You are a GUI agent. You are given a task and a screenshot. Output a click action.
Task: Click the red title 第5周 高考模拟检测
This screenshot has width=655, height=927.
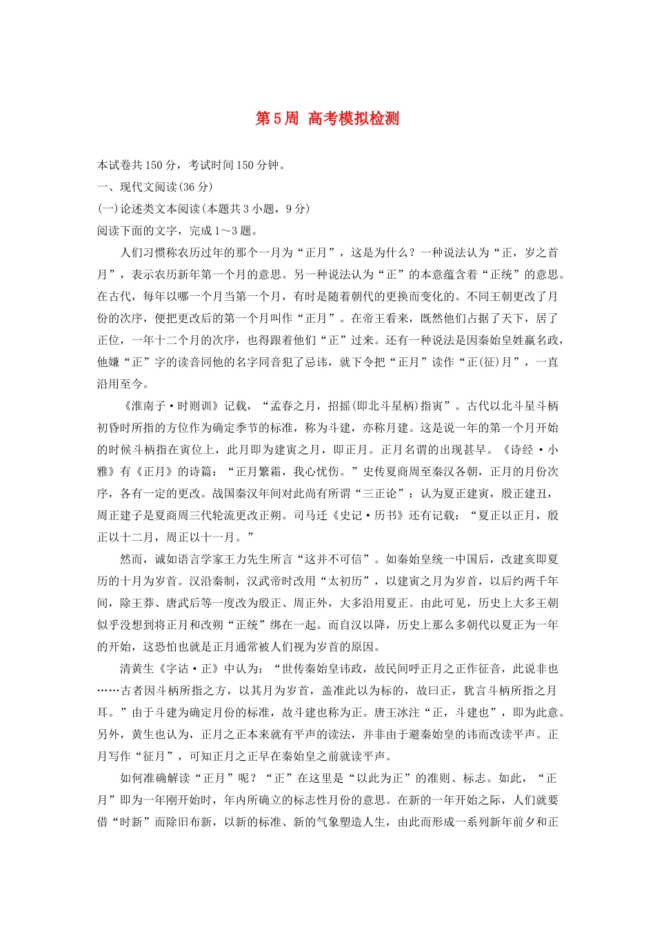[x=327, y=119]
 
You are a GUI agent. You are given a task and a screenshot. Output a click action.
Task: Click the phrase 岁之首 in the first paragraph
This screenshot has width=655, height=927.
[x=541, y=252]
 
